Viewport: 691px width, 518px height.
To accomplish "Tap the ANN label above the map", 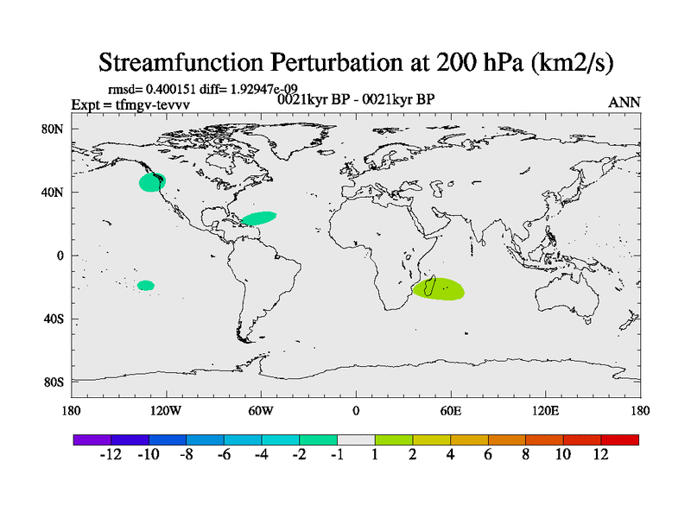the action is (x=624, y=103).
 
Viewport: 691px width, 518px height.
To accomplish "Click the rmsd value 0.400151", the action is (x=170, y=90).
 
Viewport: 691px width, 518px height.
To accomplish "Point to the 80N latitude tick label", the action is (x=52, y=129).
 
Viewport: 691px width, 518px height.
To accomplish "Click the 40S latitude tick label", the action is (x=54, y=319).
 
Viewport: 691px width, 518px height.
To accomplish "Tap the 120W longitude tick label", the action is (x=165, y=411).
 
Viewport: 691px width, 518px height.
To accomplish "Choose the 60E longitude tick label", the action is (x=450, y=411).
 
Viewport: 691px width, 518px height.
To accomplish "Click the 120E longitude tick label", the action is (x=545, y=411).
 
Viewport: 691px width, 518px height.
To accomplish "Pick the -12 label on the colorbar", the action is (x=111, y=454).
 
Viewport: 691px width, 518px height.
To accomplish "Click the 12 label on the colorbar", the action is (x=600, y=454).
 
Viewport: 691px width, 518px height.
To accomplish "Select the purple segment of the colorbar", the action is (x=92, y=439).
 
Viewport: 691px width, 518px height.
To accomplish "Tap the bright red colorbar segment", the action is (x=619, y=439).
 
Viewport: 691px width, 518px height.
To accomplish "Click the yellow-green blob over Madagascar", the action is (x=439, y=289).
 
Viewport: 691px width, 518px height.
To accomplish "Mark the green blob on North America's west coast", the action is (x=152, y=182).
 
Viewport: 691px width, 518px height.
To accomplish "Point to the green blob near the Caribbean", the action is (x=259, y=218).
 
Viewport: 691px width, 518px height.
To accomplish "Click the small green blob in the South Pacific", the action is (x=146, y=286).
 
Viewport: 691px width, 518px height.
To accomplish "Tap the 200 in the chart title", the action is (x=457, y=62).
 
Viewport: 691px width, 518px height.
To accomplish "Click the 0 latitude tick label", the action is (x=60, y=256).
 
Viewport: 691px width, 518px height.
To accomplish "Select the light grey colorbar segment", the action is (x=356, y=439).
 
